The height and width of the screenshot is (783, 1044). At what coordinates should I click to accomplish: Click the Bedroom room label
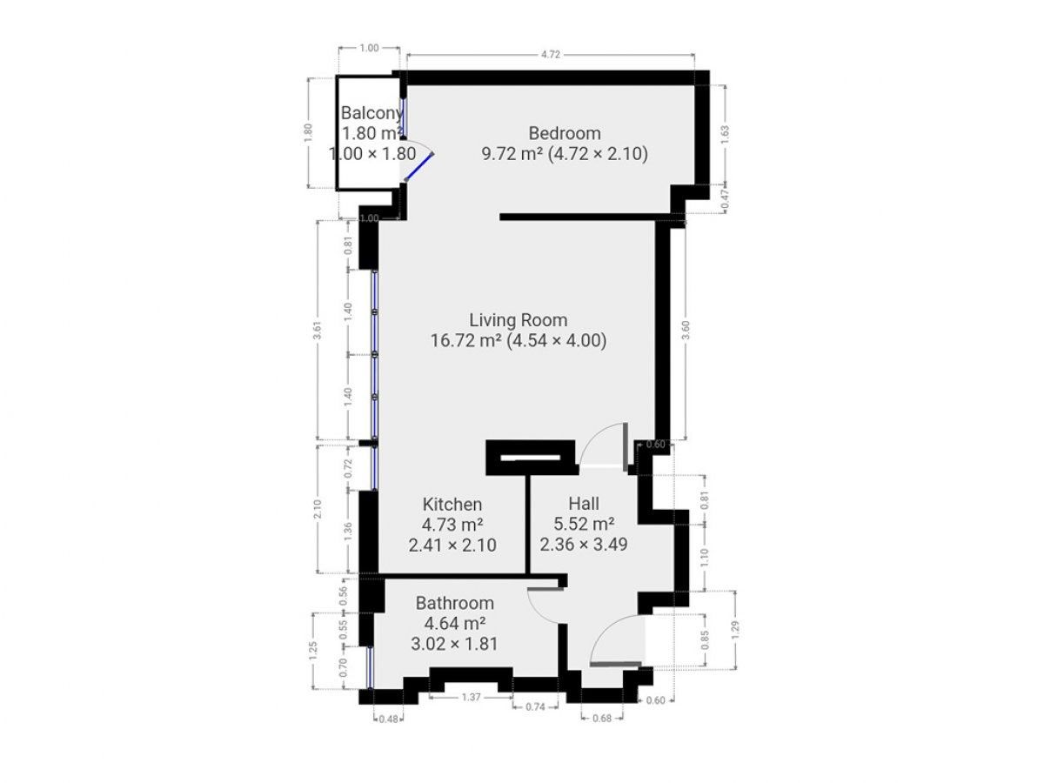tap(565, 133)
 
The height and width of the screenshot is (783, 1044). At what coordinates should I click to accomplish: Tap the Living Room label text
tap(518, 320)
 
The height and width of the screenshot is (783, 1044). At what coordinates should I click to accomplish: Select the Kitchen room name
tap(452, 505)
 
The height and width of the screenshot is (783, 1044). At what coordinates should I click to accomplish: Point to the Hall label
tap(584, 503)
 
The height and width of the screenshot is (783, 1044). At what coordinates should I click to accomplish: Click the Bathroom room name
tap(454, 603)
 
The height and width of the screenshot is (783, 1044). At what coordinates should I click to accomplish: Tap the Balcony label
tap(371, 112)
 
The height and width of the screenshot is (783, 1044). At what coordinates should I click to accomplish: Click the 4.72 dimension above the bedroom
tap(550, 54)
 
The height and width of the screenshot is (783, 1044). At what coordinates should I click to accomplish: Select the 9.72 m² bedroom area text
tap(512, 154)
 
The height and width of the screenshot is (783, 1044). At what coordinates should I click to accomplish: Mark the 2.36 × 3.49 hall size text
tap(584, 545)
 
